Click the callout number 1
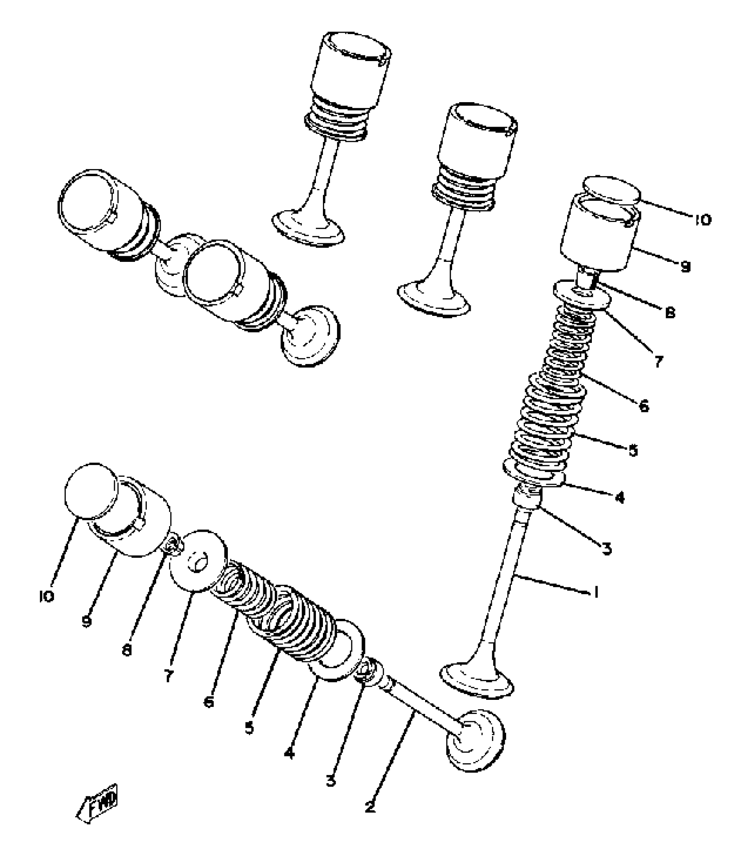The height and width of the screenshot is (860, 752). pyautogui.click(x=596, y=591)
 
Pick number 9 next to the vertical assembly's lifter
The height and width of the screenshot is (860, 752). pyautogui.click(x=685, y=267)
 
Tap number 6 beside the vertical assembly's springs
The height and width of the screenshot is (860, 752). pyautogui.click(x=644, y=405)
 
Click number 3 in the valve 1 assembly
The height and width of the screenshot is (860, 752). pyautogui.click(x=607, y=549)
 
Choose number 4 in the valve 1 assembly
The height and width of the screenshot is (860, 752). pyautogui.click(x=619, y=498)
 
